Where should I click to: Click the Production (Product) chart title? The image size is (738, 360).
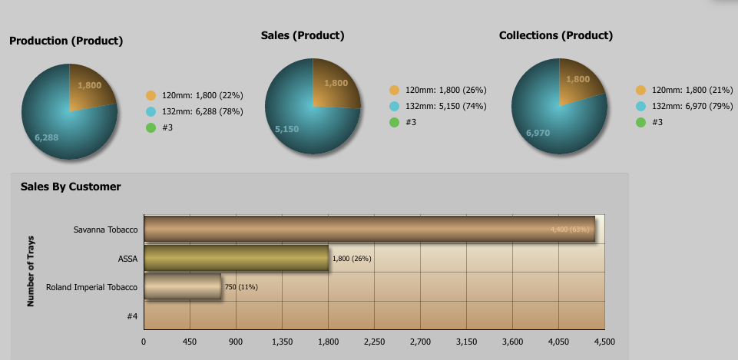(x=66, y=41)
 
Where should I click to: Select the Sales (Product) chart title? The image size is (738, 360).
(x=303, y=35)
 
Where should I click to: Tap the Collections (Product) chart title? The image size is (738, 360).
(x=556, y=35)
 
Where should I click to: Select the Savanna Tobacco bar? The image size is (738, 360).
(x=369, y=230)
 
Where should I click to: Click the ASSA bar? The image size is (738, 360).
(x=236, y=259)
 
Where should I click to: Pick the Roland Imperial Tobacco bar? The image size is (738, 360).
(x=182, y=287)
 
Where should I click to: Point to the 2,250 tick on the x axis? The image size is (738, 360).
(x=374, y=342)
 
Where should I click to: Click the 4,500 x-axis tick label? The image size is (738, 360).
(x=604, y=342)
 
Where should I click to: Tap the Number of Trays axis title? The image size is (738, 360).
(x=31, y=270)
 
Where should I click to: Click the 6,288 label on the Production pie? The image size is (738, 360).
(x=46, y=137)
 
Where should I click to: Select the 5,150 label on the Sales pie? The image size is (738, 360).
(x=286, y=129)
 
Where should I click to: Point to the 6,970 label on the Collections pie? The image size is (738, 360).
(x=538, y=134)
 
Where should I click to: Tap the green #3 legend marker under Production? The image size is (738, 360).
(x=151, y=127)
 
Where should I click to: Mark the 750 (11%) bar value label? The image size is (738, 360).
(x=241, y=287)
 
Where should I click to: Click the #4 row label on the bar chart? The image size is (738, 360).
(x=132, y=315)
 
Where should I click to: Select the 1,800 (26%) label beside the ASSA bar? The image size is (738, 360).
(x=352, y=259)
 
